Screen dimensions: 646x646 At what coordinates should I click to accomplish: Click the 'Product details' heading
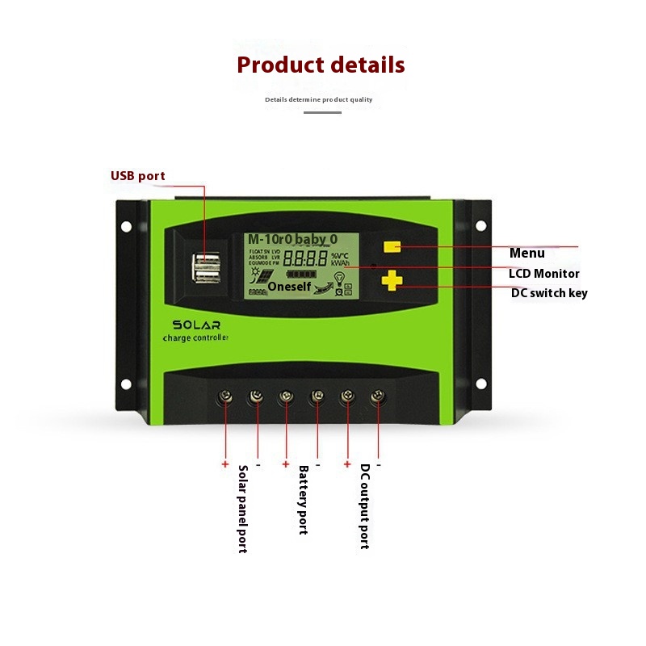(x=321, y=65)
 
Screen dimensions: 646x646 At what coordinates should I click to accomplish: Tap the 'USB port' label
(x=137, y=176)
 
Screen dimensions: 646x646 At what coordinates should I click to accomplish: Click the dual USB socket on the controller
(x=206, y=270)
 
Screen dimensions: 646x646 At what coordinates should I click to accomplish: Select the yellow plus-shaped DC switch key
(x=392, y=280)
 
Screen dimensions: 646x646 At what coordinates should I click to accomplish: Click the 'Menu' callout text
(x=526, y=254)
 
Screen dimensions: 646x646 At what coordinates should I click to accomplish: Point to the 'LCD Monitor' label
(x=543, y=274)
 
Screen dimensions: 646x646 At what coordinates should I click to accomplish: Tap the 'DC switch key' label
(x=549, y=293)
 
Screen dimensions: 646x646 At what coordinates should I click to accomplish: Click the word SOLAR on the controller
(x=196, y=324)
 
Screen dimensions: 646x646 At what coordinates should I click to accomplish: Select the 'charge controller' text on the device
(x=195, y=338)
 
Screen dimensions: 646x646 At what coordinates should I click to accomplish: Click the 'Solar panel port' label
(x=242, y=509)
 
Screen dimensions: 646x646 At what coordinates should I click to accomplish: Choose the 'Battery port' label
(x=304, y=500)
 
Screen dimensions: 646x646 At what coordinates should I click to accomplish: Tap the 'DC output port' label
(x=365, y=506)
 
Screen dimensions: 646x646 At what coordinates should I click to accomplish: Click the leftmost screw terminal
(x=225, y=396)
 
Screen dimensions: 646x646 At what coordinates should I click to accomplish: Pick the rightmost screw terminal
(x=377, y=396)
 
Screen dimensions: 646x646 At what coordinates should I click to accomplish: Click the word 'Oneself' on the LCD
(x=290, y=286)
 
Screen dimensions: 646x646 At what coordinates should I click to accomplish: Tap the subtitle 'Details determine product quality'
(x=319, y=100)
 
